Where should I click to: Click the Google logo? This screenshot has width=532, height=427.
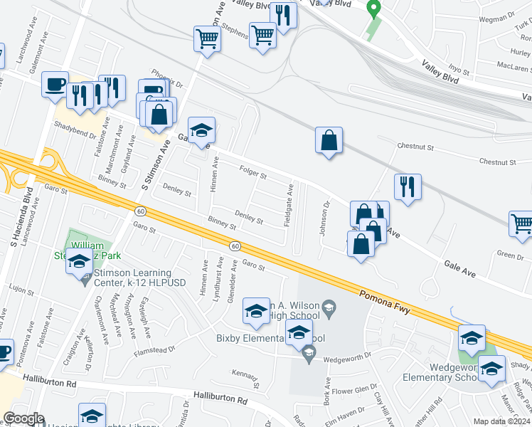point(24,418)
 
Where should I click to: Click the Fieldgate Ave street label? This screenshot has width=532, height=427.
point(289,206)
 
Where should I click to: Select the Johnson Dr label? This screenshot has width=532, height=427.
point(326,218)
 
